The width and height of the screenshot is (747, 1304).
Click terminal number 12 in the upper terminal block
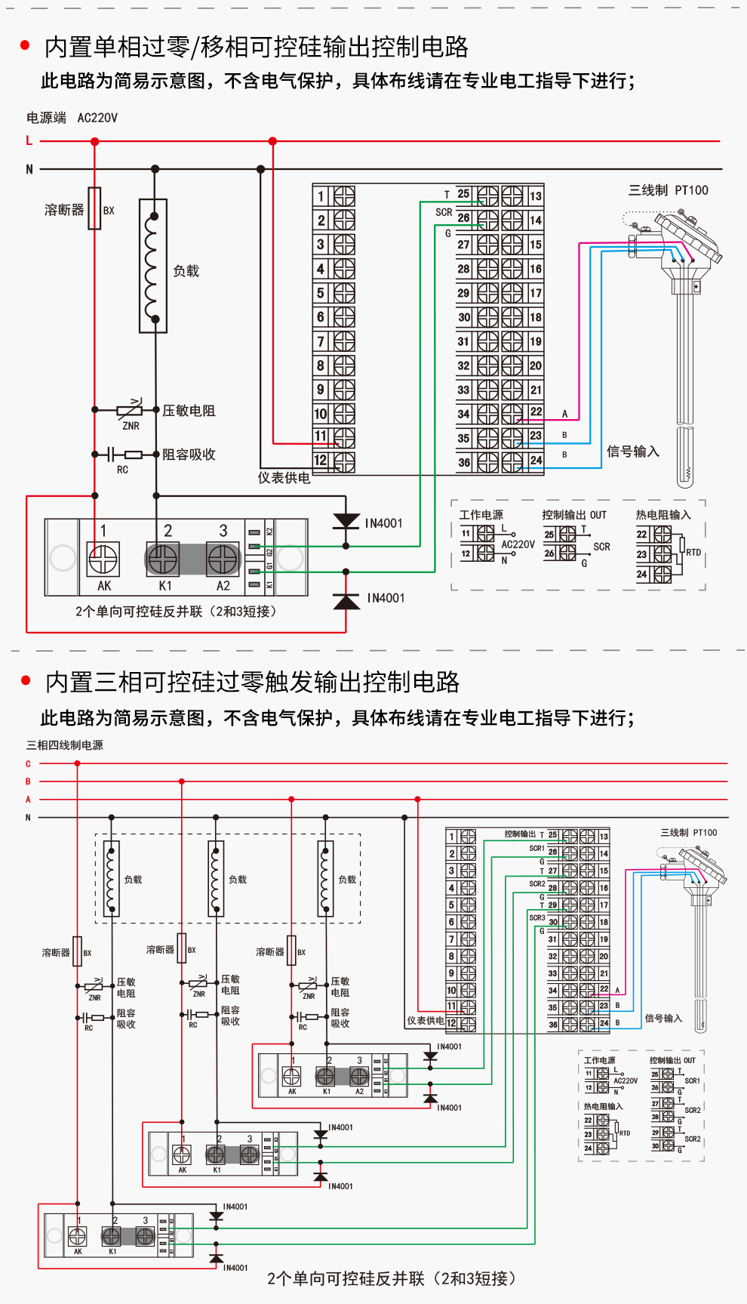click(321, 460)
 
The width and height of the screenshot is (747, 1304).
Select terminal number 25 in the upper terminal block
click(463, 194)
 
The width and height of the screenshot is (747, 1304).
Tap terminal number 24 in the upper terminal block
click(536, 460)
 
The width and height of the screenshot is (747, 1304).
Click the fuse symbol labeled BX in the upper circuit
click(94, 208)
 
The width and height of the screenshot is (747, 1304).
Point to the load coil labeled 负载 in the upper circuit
click(153, 266)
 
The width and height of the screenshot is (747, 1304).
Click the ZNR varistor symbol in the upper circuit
click(130, 410)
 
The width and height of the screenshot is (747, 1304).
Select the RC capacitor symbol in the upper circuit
click(112, 455)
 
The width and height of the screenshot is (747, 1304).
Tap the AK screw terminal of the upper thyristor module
click(103, 560)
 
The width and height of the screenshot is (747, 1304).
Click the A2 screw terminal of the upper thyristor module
click(223, 560)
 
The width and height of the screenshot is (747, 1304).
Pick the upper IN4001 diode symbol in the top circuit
click(346, 521)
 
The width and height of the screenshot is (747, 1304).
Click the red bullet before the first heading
click(25, 46)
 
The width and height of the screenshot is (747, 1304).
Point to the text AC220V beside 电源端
click(97, 118)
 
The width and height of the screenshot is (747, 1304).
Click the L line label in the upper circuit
click(29, 140)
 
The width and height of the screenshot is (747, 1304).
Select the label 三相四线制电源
click(65, 745)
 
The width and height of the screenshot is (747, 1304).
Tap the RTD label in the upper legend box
click(693, 553)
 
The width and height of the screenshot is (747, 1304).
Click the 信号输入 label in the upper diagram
click(633, 452)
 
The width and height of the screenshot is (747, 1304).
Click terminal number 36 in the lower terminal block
click(553, 1025)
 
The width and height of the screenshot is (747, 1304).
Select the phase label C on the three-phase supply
click(28, 764)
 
